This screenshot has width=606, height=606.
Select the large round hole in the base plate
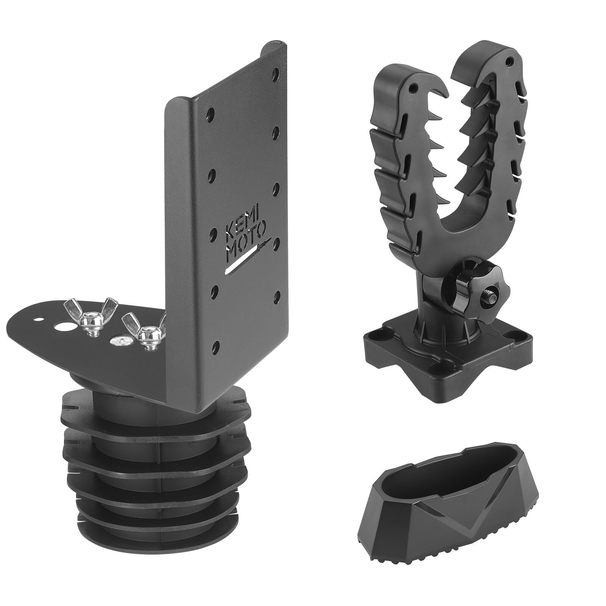coord(64,326)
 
